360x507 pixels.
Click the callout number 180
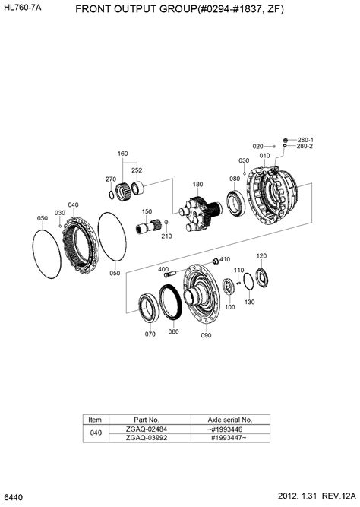[197, 185]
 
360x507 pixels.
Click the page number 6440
[14, 496]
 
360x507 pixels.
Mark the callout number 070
[150, 333]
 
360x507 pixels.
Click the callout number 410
[225, 259]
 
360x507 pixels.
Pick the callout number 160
[122, 154]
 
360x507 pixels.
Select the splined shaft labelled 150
[149, 225]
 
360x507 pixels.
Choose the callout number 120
[261, 256]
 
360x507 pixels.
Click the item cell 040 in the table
[95, 433]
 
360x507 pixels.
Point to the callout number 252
[136, 171]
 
